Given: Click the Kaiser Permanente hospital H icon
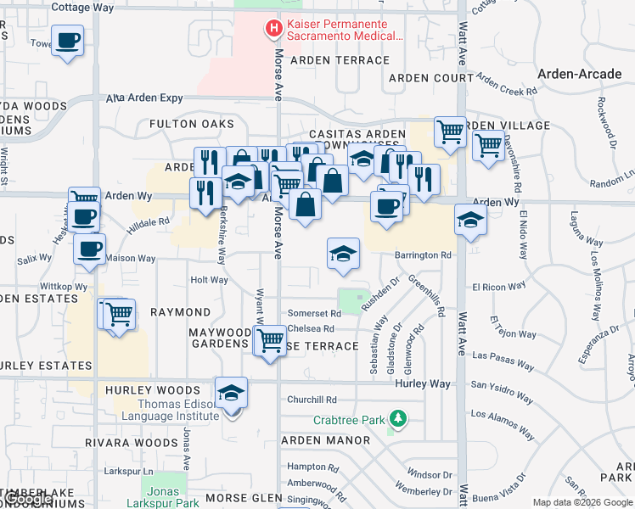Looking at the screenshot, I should click(273, 30).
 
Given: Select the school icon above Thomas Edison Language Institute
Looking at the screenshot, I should click(231, 393).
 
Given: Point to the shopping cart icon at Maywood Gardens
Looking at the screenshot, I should click(270, 341).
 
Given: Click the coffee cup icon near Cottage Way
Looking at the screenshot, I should click(67, 39).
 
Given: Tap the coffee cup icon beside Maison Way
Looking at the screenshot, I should click(90, 249).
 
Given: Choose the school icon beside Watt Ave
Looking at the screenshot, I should click(470, 221).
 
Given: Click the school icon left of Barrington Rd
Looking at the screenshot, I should click(343, 254).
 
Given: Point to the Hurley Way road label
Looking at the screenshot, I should click(423, 384).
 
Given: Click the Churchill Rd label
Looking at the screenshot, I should click(312, 400).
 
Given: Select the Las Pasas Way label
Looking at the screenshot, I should click(503, 361).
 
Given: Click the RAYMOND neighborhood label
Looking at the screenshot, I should click(180, 312).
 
